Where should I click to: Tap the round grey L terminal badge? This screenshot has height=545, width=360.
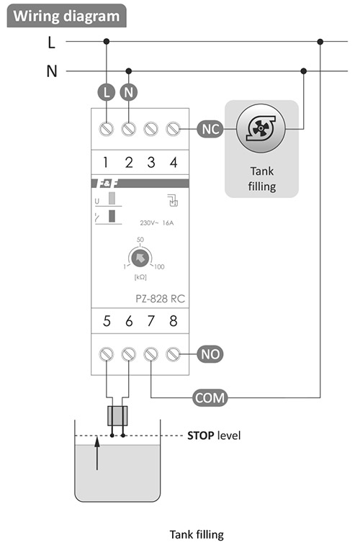click(x=107, y=92)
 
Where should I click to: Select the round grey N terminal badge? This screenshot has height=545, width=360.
click(x=129, y=92)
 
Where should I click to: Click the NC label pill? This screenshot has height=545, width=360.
click(x=210, y=130)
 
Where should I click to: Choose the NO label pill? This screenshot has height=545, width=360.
click(x=210, y=354)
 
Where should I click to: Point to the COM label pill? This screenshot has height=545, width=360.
click(x=208, y=396)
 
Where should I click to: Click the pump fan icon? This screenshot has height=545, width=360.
click(x=261, y=130)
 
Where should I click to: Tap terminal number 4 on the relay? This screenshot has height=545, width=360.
click(x=173, y=162)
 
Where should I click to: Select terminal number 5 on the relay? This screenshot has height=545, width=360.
click(x=107, y=322)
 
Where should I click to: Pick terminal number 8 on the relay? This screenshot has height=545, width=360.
click(x=173, y=322)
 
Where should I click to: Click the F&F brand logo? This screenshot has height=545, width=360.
click(x=106, y=184)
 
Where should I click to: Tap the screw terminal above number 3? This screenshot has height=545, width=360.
click(x=151, y=130)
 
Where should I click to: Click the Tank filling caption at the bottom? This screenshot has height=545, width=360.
click(x=197, y=534)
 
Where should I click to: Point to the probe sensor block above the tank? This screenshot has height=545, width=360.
click(x=117, y=416)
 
